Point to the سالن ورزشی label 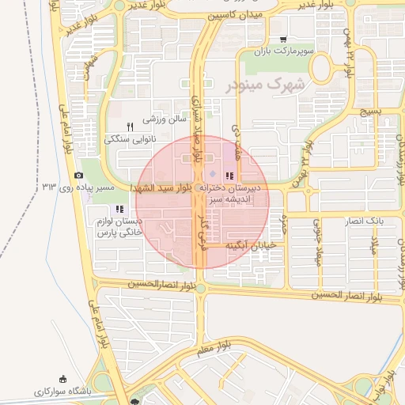[x=164, y=120]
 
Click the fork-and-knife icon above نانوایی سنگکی [x=131, y=126]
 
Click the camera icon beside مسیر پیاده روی [x=78, y=176]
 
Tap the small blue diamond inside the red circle [x=211, y=174]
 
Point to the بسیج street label [x=369, y=112]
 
